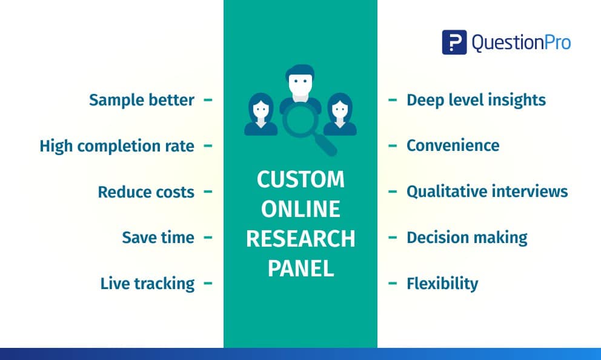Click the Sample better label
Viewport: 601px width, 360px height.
pyautogui.click(x=142, y=100)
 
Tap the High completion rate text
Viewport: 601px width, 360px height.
pyautogui.click(x=117, y=146)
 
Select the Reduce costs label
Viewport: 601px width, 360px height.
pyautogui.click(x=146, y=192)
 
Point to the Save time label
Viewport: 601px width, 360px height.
pyautogui.click(x=158, y=238)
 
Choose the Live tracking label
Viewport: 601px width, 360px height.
pyautogui.click(x=148, y=284)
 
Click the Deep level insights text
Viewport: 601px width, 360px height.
pyautogui.click(x=476, y=100)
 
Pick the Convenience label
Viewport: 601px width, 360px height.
pyautogui.click(x=453, y=145)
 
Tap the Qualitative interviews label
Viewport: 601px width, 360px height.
pyautogui.click(x=487, y=192)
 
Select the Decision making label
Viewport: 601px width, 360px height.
pyautogui.click(x=467, y=238)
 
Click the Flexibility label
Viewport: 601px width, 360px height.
pyautogui.click(x=442, y=284)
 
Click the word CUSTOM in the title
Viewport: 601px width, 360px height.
pyautogui.click(x=300, y=179)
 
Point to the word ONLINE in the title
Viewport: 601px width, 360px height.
pyautogui.click(x=300, y=209)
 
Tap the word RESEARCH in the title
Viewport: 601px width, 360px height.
pyautogui.click(x=300, y=238)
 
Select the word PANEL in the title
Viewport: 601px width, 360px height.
pyautogui.click(x=300, y=268)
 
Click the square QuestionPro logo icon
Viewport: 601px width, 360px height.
pyautogui.click(x=454, y=42)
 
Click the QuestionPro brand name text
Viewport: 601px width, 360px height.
pyautogui.click(x=521, y=42)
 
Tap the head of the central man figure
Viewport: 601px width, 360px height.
pyautogui.click(x=300, y=82)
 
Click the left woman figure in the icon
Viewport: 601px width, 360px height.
pyautogui.click(x=261, y=115)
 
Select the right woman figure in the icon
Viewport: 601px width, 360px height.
pyautogui.click(x=340, y=115)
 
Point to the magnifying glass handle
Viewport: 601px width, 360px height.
pyautogui.click(x=326, y=145)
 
